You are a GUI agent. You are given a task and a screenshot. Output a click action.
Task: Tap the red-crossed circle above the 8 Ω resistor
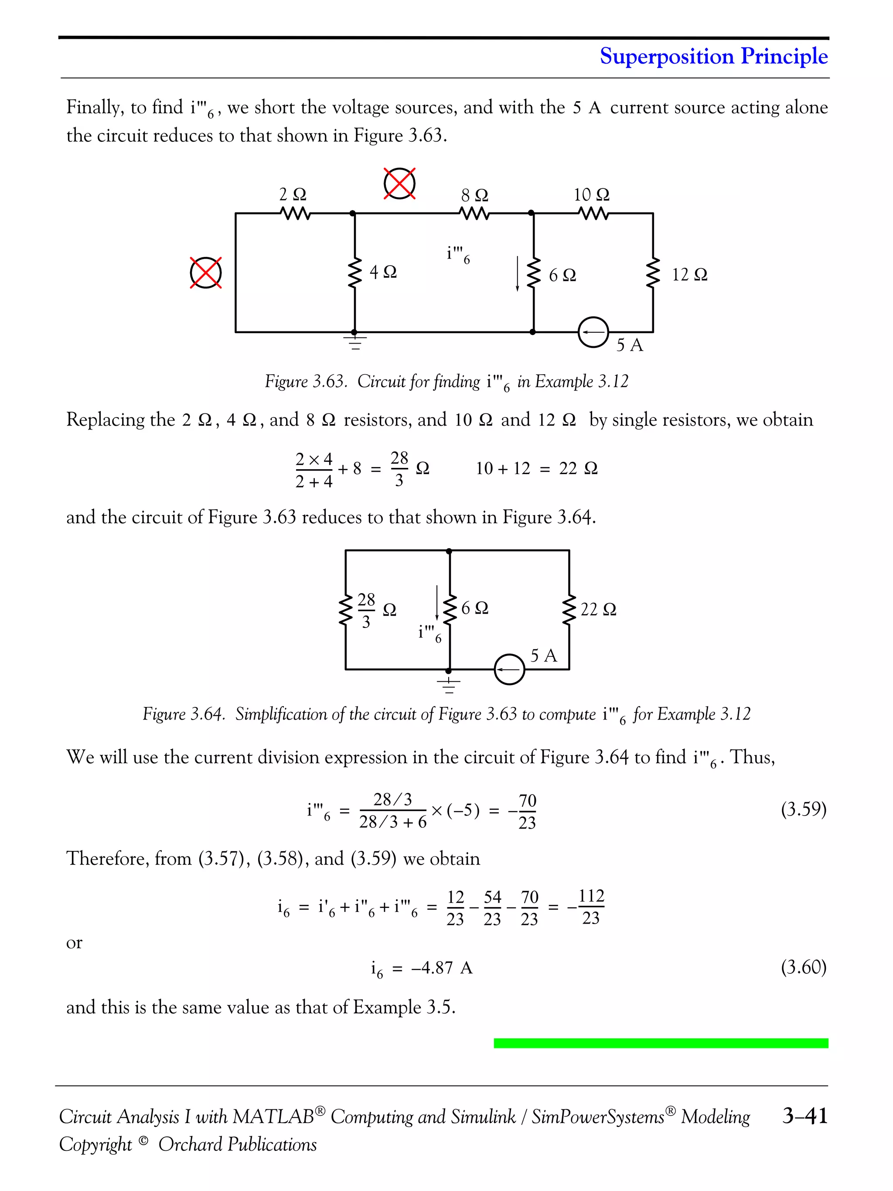(399, 183)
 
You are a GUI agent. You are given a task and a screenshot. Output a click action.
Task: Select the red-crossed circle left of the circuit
(206, 273)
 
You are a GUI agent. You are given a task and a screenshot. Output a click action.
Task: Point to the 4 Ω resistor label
(383, 272)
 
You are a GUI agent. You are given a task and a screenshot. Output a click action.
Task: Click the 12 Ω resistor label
(689, 275)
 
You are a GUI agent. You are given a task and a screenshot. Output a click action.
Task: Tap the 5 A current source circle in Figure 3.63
(593, 332)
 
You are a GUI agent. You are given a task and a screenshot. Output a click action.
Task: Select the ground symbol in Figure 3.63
(355, 342)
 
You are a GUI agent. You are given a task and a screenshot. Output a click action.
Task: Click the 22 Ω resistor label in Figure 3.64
(598, 609)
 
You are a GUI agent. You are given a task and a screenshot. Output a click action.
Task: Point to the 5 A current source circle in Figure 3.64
(509, 669)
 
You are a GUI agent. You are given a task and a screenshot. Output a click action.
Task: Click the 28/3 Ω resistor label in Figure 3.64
(375, 610)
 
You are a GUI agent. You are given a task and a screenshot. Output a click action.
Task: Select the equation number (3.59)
(803, 809)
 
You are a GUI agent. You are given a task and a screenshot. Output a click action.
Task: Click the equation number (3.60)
(803, 968)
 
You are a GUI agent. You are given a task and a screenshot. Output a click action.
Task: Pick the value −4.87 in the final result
(432, 968)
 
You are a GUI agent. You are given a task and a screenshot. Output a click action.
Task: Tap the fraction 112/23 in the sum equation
(590, 907)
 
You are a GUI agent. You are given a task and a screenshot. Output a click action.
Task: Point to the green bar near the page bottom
(661, 1043)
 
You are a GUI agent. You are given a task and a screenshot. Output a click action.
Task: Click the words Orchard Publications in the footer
(237, 1144)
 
